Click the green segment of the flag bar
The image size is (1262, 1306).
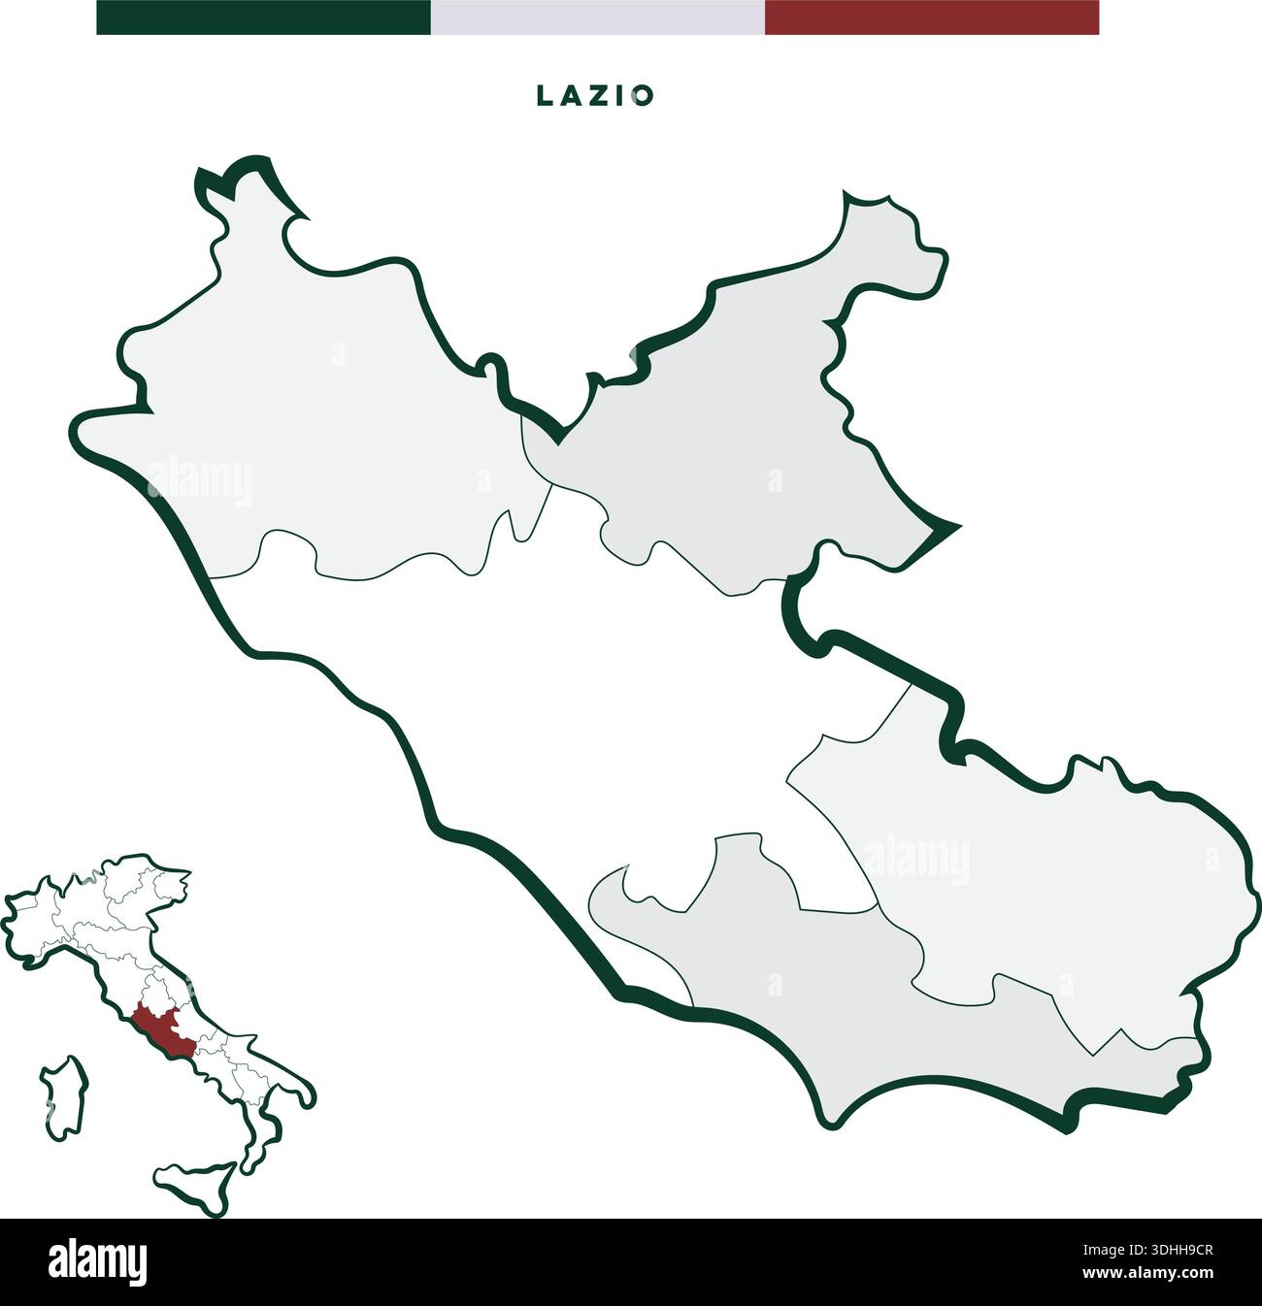point(263,17)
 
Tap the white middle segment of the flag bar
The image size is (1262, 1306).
point(597,17)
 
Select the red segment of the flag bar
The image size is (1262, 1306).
point(931,17)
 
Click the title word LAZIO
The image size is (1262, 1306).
point(596,95)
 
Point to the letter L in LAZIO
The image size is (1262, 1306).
point(544,95)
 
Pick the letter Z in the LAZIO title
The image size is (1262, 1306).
point(596,95)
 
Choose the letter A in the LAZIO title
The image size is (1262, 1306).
point(570,95)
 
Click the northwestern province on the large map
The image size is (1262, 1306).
point(320,417)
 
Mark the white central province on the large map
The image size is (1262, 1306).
point(582,699)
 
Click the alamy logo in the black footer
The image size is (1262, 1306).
point(97,1262)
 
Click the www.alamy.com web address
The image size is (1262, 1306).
point(1146,1273)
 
